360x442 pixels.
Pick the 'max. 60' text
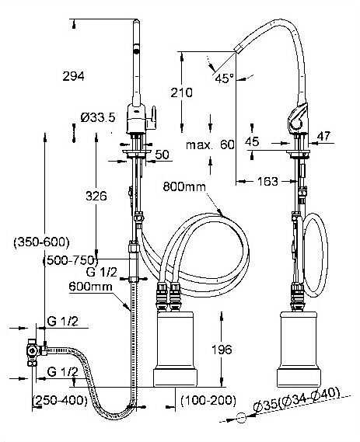point(210,145)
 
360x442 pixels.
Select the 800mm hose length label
point(184,187)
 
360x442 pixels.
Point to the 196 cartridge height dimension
point(222,350)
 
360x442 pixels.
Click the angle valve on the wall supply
point(31,351)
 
